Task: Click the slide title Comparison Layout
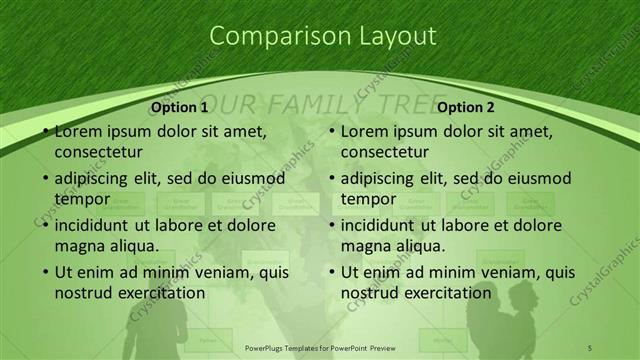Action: click(x=322, y=36)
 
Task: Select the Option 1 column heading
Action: click(x=180, y=107)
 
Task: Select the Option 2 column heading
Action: click(x=466, y=107)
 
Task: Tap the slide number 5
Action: click(x=589, y=346)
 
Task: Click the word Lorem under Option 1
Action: click(x=78, y=131)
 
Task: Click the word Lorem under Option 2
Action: click(x=364, y=131)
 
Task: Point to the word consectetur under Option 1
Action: click(x=98, y=152)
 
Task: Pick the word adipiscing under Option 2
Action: click(x=378, y=178)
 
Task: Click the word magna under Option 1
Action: click(x=78, y=246)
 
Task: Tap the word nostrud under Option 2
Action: click(x=368, y=293)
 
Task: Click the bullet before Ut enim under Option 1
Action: click(x=46, y=272)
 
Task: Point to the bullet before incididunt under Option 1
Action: click(x=46, y=225)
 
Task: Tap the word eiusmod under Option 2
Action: click(x=538, y=178)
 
